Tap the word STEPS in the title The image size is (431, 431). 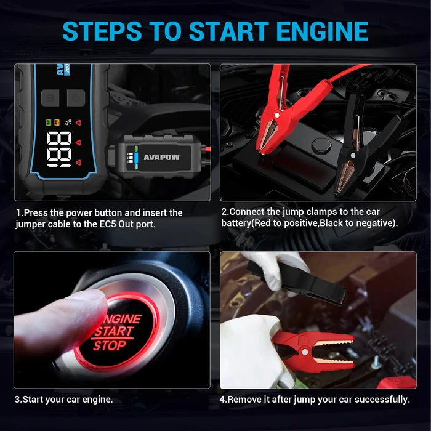(x=102, y=31)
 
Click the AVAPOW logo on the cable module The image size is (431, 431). (x=161, y=157)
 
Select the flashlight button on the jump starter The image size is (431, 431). (x=76, y=97)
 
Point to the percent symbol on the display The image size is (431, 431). (x=68, y=122)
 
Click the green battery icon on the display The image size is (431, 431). (x=49, y=123)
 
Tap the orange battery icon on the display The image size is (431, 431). (x=57, y=123)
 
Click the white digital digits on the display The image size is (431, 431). (x=59, y=149)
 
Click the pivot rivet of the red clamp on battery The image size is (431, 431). (x=277, y=115)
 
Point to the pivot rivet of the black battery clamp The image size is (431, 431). (x=353, y=155)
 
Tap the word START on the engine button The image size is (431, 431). (x=115, y=331)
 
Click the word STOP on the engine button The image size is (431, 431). (x=110, y=345)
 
